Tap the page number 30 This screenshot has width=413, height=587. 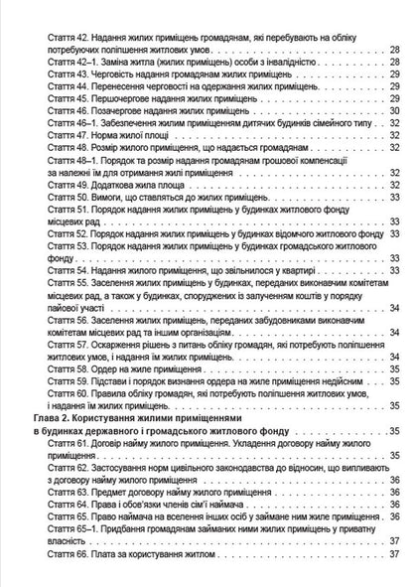pos(395,111)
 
